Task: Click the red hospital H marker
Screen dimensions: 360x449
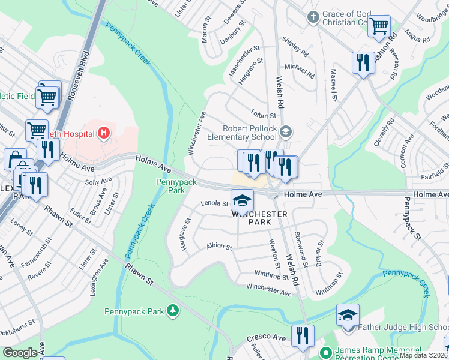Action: [x=104, y=132]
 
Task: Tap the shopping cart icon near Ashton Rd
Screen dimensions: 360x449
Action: [x=379, y=26]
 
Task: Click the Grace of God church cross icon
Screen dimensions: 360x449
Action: [x=312, y=17]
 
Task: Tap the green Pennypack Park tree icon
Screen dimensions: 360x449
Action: [x=173, y=310]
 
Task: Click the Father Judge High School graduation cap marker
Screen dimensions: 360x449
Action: [x=348, y=315]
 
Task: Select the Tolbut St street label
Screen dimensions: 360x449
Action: [x=263, y=115]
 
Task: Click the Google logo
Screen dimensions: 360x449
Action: [x=20, y=353]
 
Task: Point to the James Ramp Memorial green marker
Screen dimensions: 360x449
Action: [x=325, y=352]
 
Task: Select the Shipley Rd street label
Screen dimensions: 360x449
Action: [x=295, y=47]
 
